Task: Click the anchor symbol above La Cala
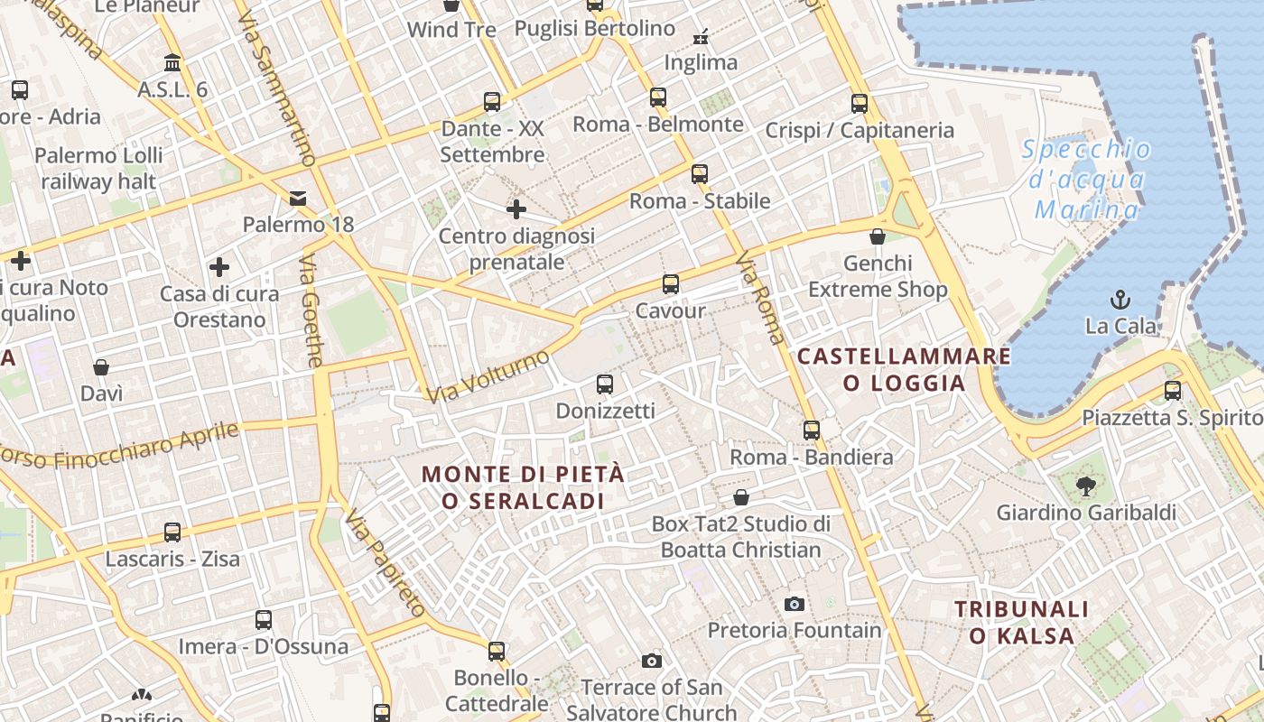tap(1120, 299)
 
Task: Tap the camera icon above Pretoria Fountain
tap(795, 604)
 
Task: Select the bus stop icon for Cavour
tap(670, 284)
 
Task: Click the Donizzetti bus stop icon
tap(605, 384)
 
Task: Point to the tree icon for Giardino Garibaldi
tap(1085, 486)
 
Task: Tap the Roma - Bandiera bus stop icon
tap(812, 430)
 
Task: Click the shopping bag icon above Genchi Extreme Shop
tap(877, 236)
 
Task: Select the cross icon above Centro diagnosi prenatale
tap(516, 209)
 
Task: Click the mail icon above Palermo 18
tap(298, 198)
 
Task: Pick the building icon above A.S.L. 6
tap(172, 63)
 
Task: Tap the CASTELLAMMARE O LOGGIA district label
tap(904, 369)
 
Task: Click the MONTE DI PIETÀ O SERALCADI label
tap(523, 486)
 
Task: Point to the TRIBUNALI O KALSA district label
tap(1022, 622)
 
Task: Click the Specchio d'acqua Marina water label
tap(1087, 180)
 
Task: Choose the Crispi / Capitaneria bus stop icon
tap(859, 104)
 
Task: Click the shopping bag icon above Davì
tap(101, 367)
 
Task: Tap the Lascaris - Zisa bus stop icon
tap(172, 532)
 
